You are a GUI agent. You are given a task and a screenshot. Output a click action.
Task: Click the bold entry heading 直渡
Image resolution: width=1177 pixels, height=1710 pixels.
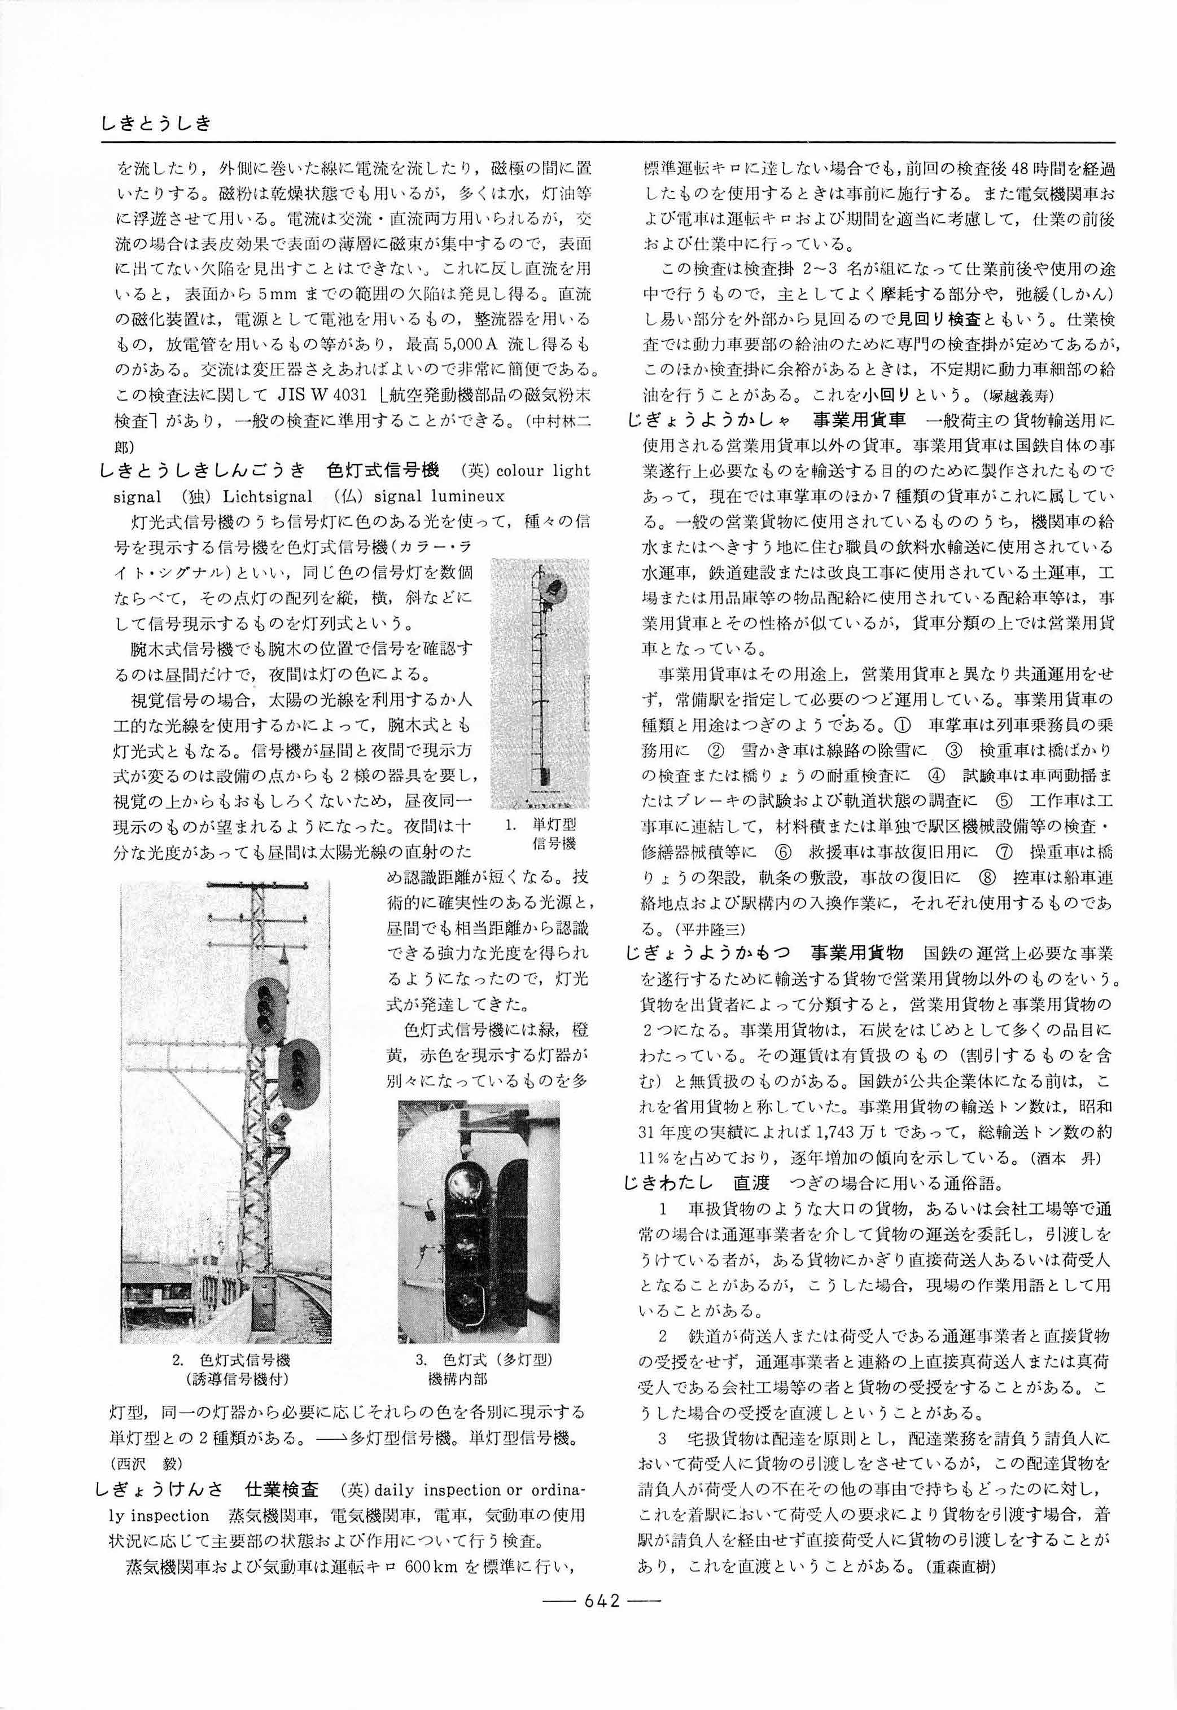(751, 1183)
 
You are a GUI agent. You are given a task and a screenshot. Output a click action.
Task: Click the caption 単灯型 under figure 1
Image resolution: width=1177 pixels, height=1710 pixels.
(554, 825)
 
